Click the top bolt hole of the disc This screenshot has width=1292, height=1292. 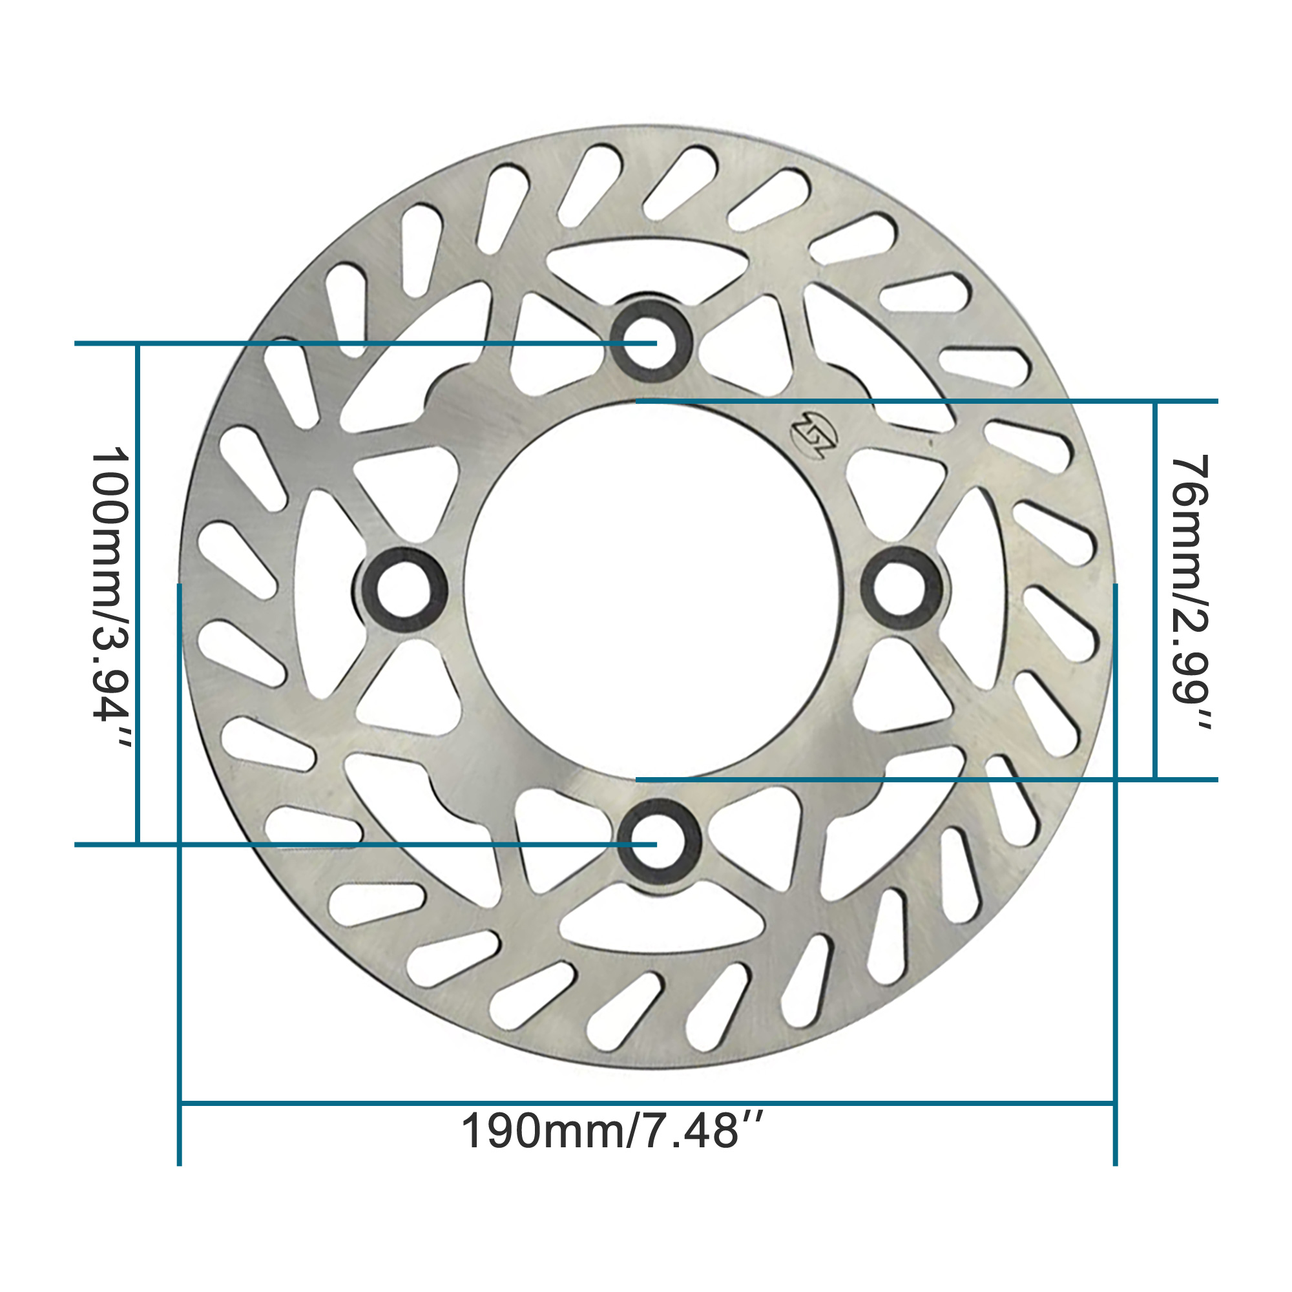(650, 340)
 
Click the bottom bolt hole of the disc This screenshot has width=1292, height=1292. (659, 839)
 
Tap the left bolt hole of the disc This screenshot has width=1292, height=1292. (403, 589)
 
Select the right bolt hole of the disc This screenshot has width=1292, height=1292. (901, 588)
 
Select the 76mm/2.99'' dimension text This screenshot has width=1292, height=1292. (1192, 592)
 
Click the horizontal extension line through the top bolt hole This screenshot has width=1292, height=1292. (267, 344)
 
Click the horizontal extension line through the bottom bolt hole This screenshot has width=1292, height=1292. (267, 844)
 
